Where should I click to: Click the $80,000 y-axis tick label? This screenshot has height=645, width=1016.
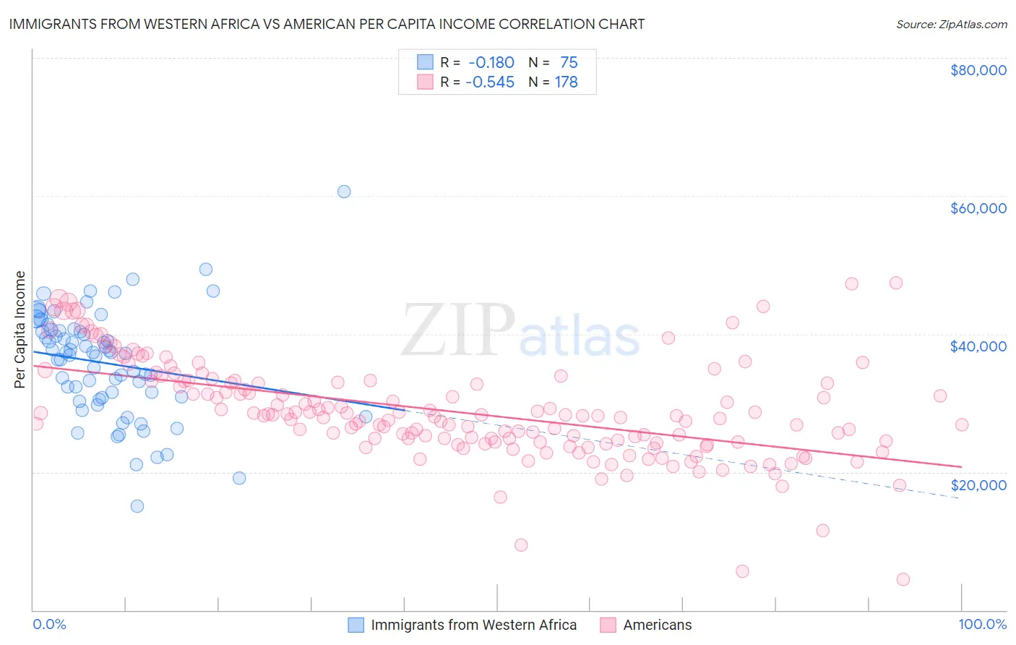point(978,70)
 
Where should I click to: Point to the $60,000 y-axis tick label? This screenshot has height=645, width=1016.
point(978,208)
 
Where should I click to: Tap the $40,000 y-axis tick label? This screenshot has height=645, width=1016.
point(978,346)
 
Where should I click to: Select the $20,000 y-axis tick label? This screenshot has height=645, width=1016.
point(978,484)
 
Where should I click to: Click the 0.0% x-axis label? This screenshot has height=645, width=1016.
point(49,624)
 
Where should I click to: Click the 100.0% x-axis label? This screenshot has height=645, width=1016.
point(982,624)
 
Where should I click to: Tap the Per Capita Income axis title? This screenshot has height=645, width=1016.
point(20,329)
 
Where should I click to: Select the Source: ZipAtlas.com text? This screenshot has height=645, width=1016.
point(951,24)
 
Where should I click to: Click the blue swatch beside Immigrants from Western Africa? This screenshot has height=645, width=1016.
point(356,625)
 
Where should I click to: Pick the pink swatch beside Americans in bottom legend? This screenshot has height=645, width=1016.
point(608,625)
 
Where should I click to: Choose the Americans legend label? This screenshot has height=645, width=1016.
point(657,625)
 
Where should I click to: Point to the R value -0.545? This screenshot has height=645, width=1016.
point(490,82)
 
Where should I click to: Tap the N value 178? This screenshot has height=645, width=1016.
point(566,82)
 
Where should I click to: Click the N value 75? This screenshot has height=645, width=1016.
point(568,63)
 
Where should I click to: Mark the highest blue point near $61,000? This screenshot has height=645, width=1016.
point(344,192)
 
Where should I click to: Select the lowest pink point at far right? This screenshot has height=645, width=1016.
point(903,579)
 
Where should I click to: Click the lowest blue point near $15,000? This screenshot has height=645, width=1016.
point(137,506)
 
